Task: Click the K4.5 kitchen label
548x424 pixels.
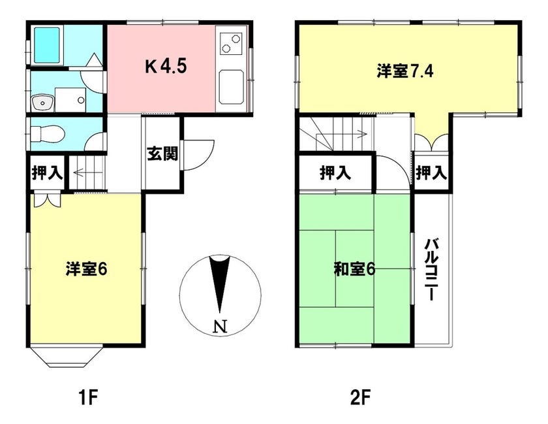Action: (166, 66)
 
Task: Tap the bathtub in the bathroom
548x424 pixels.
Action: (47, 45)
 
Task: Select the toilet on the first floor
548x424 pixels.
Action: (48, 134)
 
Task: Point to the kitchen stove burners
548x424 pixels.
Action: (231, 43)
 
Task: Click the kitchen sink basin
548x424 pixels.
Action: (231, 87)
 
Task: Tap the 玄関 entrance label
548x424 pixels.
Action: (162, 154)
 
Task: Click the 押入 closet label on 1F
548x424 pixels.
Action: (47, 172)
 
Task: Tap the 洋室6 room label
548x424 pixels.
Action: (86, 269)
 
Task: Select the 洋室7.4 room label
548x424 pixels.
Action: (405, 71)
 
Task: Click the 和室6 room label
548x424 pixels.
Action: (354, 270)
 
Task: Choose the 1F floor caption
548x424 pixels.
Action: (87, 398)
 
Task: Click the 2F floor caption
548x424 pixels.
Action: (360, 398)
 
